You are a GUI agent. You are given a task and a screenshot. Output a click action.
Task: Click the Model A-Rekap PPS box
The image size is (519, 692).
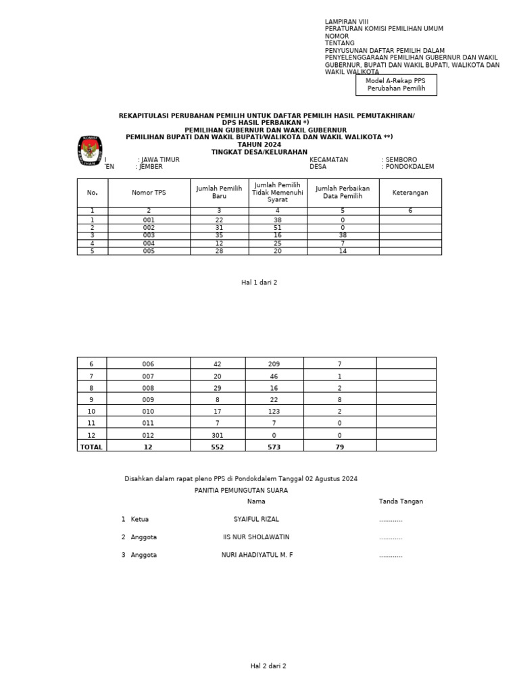pos(396,85)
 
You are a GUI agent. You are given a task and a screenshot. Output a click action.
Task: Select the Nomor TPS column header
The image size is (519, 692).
pos(149,193)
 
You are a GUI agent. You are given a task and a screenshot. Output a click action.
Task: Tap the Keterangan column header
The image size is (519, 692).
pos(410,193)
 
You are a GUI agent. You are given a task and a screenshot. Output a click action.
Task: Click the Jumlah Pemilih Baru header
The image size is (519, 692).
pos(219,193)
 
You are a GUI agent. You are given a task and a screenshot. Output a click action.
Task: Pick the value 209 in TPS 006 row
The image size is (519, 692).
pos(274,364)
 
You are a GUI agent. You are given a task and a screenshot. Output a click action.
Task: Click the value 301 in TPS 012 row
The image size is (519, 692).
pos(218,435)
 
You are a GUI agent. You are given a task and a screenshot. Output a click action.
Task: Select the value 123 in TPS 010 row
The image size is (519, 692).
pos(274,411)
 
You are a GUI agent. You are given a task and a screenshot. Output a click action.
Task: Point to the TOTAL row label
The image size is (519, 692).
pos(92,447)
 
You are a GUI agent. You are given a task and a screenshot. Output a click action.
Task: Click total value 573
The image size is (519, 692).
pos(274,447)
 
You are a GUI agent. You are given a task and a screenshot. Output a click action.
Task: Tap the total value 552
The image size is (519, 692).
pos(218,447)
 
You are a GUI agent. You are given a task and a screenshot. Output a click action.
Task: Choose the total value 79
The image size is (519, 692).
pos(339,447)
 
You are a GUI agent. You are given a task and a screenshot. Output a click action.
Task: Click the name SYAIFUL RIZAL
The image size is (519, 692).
pos(256,520)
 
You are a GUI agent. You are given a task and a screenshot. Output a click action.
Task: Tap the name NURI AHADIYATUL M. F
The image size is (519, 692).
pos(257,555)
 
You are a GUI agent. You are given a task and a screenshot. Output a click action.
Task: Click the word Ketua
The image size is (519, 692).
pos(140,520)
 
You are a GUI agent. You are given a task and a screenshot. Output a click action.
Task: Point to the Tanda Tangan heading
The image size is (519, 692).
pos(401,501)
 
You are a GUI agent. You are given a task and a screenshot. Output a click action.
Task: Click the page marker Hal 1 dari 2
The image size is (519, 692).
pos(259,282)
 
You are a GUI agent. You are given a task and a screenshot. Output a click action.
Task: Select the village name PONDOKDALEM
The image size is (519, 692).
pos(410,167)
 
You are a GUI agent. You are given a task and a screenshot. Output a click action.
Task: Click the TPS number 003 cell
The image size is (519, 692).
pos(149,235)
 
